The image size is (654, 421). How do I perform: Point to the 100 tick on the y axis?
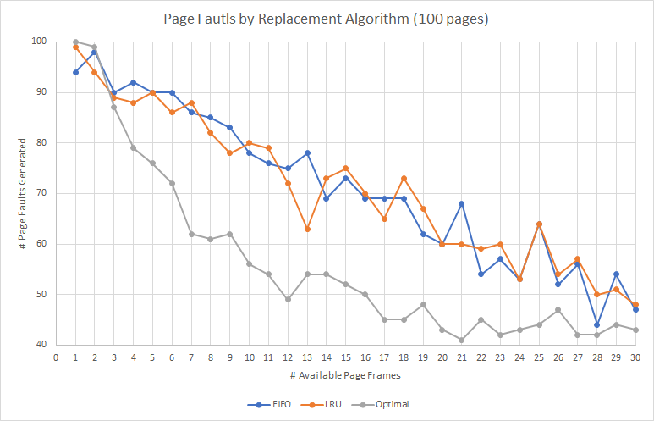point(39,42)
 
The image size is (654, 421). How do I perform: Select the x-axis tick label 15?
point(345,358)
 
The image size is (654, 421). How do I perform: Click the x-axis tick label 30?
point(635,358)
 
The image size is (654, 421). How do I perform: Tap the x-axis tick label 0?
point(56,358)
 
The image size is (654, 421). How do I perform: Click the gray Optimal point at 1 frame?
point(75,42)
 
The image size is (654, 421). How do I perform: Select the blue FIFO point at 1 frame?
point(75,72)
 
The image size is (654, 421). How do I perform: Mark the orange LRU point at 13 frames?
point(307,229)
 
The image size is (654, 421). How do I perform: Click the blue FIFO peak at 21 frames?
point(462,203)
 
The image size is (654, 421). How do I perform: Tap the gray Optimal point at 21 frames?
point(462,340)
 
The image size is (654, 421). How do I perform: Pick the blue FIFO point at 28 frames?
point(597,324)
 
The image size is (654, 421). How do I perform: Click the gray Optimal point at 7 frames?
point(191,234)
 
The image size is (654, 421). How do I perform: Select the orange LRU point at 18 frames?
point(404,178)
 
